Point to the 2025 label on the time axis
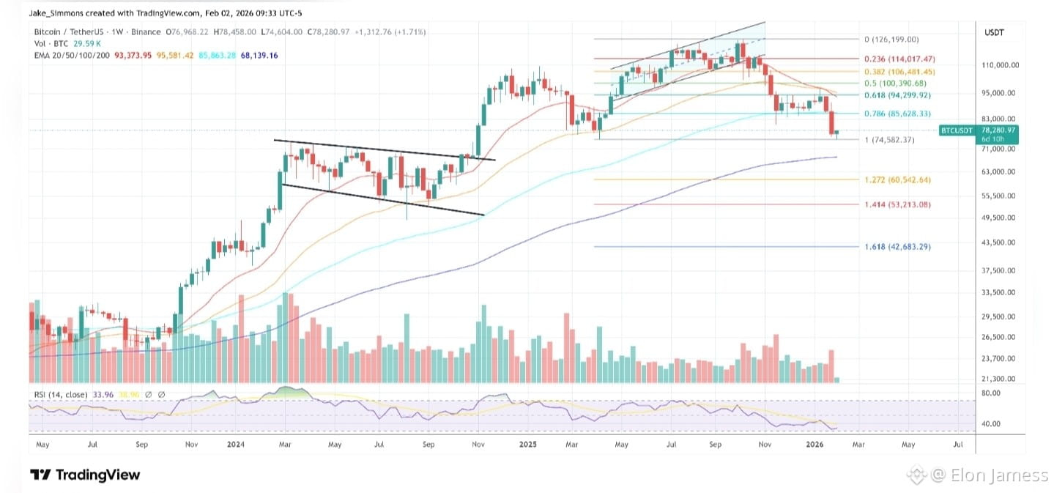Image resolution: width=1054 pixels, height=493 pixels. coord(529,444)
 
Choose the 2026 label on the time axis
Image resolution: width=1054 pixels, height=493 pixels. coord(817,444)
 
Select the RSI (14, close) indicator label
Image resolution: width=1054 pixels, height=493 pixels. coord(61,395)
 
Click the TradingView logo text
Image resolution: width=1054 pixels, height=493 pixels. coord(85,475)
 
